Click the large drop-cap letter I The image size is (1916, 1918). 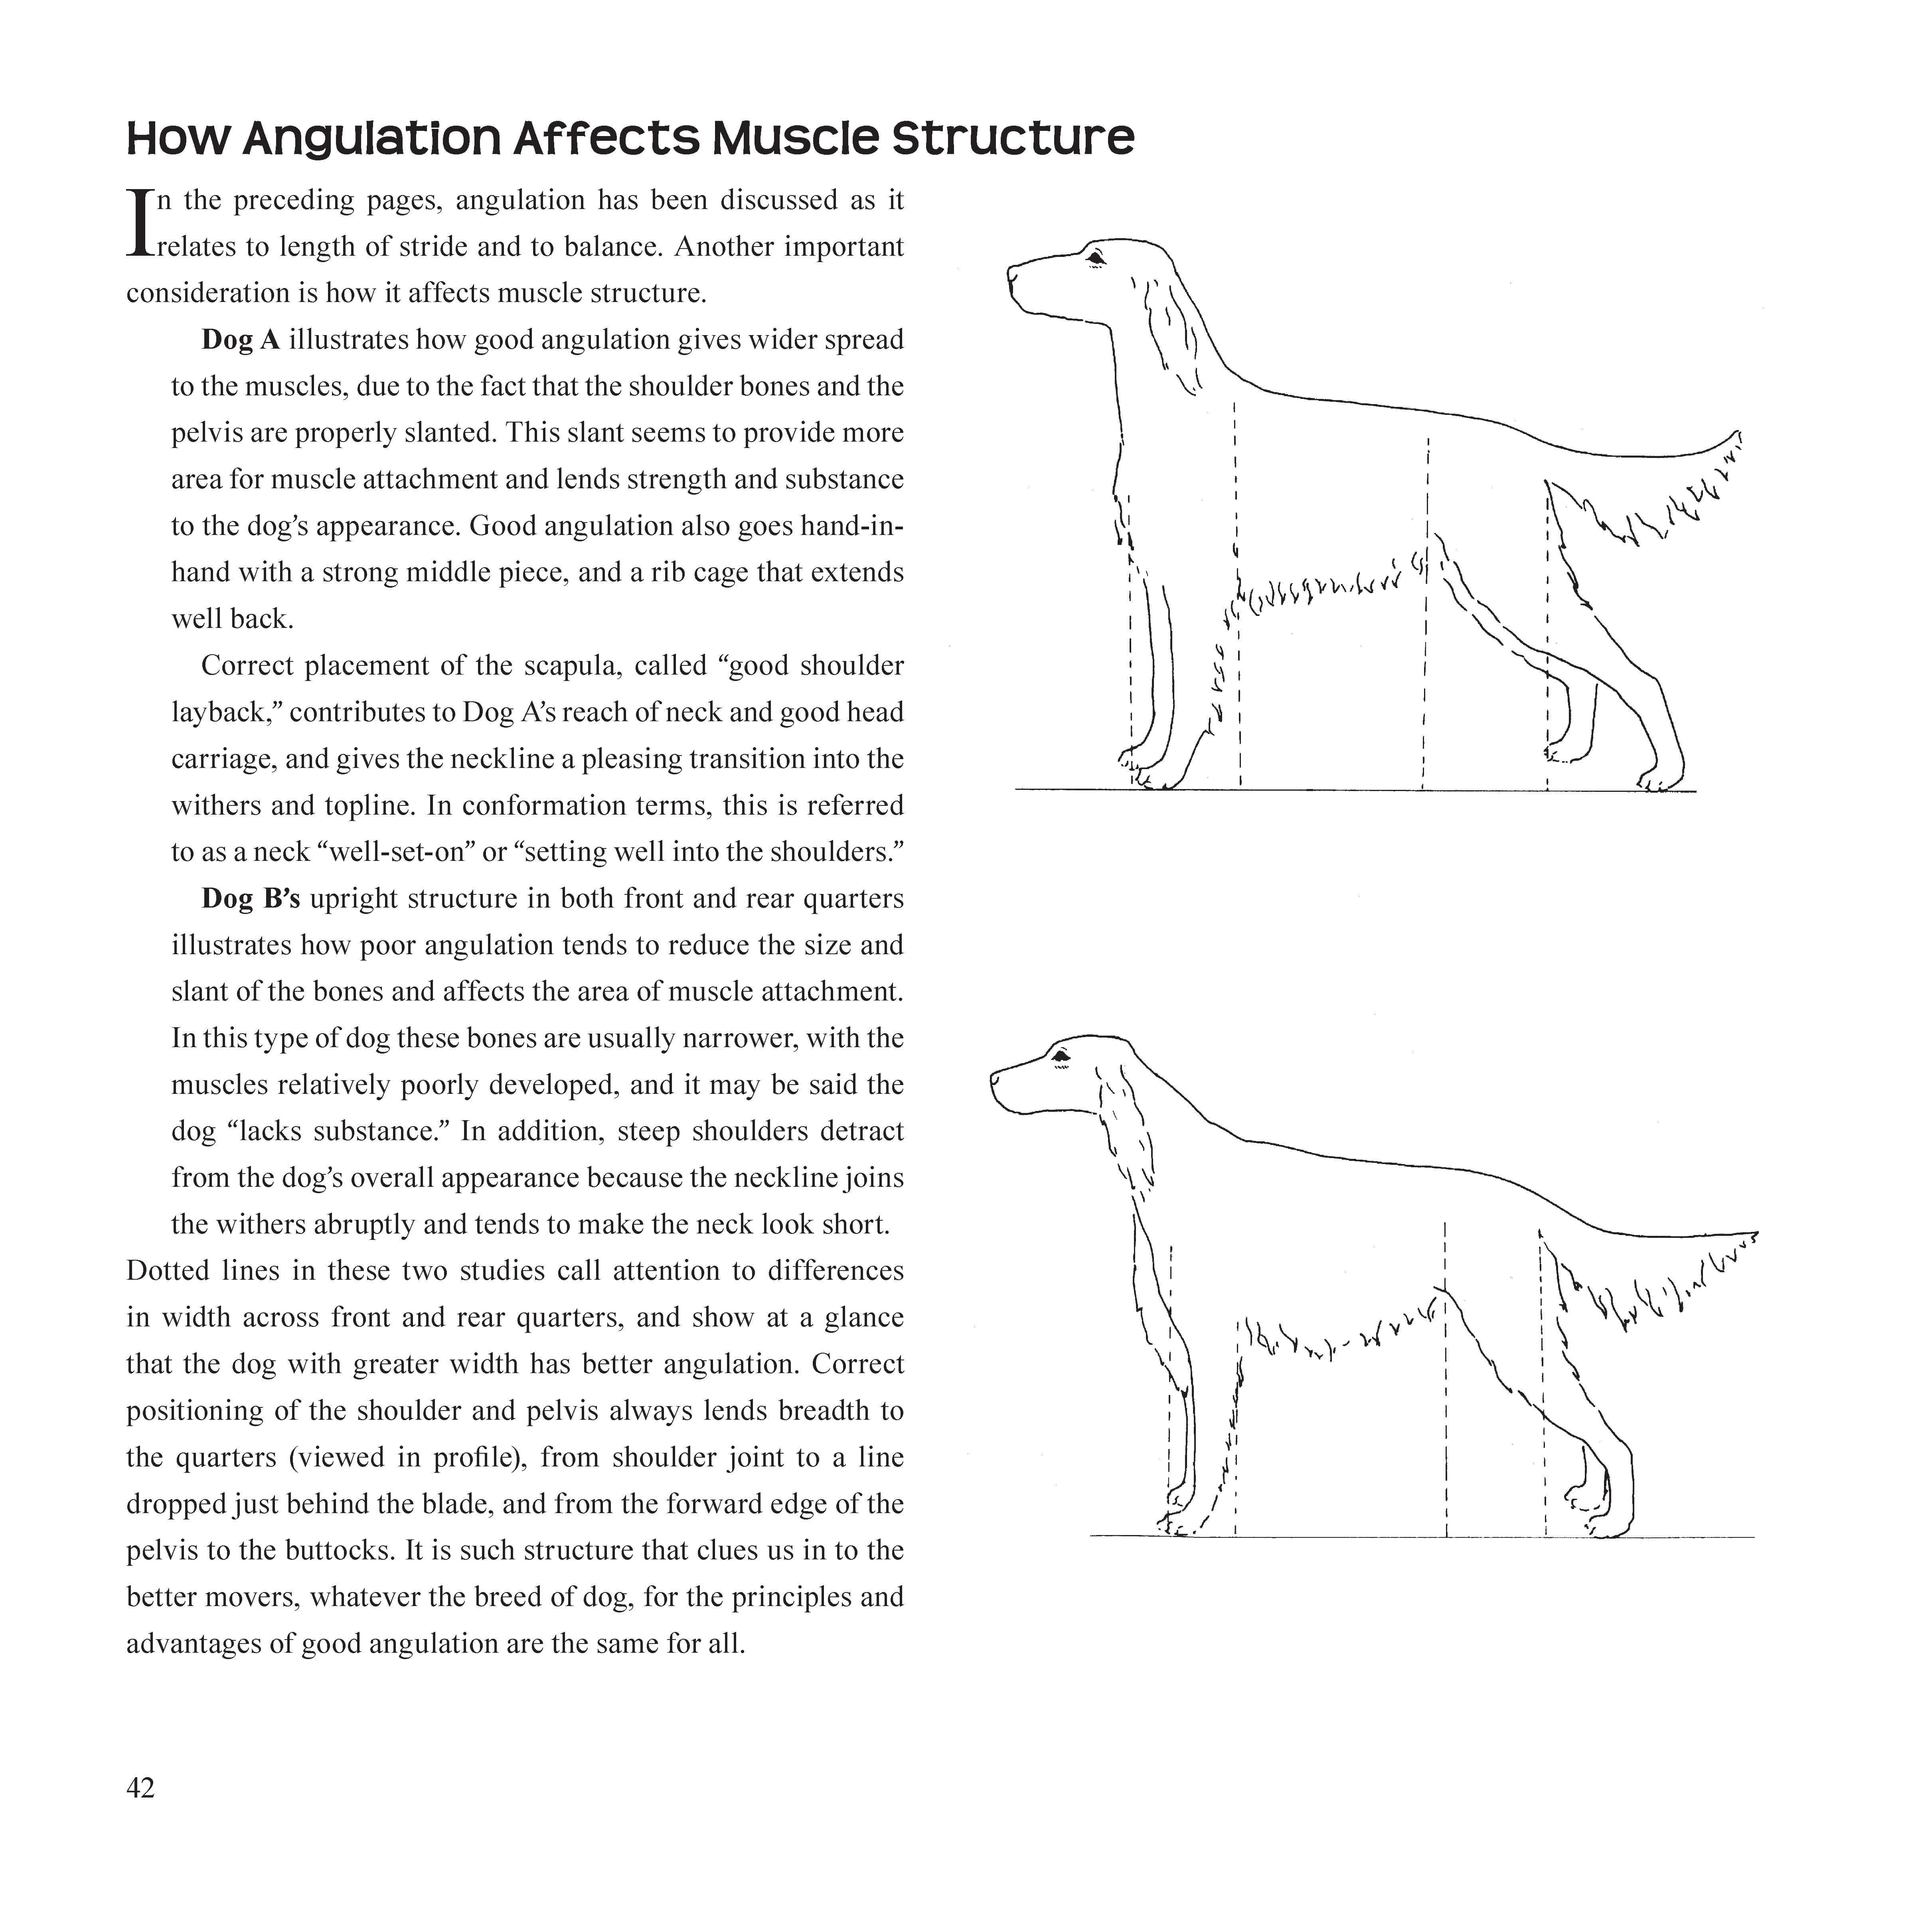point(140,223)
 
